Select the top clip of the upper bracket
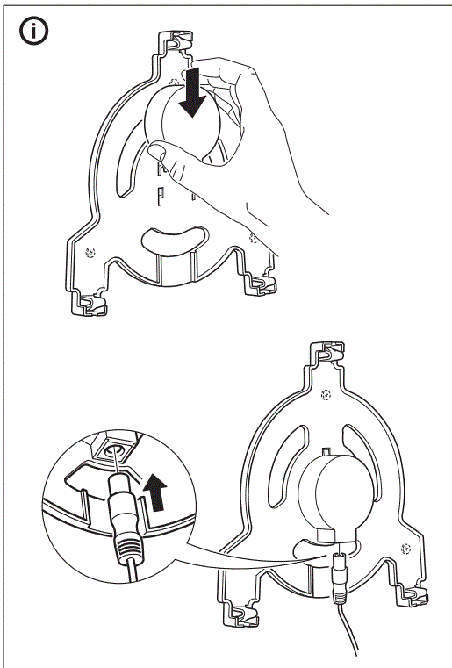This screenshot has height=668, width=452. point(173,43)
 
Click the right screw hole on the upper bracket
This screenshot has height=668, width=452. point(255,237)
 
